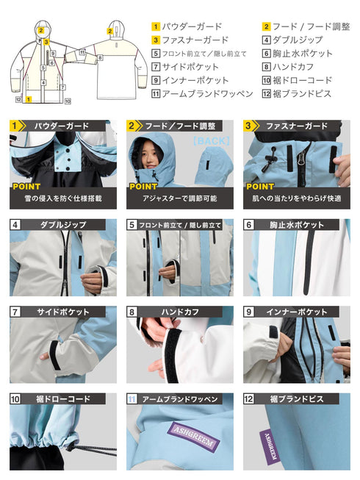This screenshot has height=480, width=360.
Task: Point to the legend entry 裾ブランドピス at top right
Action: (x=301, y=94)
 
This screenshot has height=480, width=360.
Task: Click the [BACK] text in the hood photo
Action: (x=211, y=140)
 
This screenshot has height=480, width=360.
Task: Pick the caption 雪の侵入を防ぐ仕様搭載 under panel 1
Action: (x=62, y=198)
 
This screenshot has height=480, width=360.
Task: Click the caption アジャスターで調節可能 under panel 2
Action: (x=179, y=198)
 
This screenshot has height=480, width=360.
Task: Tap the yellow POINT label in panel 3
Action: (x=260, y=186)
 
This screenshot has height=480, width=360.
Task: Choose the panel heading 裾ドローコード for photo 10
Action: (x=62, y=399)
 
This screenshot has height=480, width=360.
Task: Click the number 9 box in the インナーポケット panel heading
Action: (x=249, y=312)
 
